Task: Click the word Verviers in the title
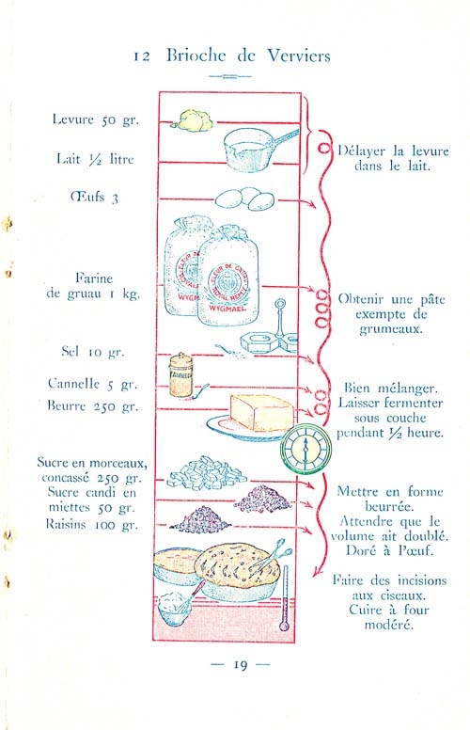[299, 56]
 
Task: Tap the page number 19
[240, 664]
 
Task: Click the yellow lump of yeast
[191, 120]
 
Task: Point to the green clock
[305, 449]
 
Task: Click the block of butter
[261, 412]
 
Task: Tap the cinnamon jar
[180, 375]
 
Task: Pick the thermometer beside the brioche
[285, 598]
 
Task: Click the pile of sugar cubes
[206, 473]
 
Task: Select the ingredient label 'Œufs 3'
[94, 197]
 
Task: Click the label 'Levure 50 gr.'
[95, 119]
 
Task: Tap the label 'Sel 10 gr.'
[93, 352]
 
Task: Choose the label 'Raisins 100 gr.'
[92, 525]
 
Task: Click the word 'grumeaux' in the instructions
[391, 329]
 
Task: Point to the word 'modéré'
[388, 625]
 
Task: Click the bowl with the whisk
[175, 608]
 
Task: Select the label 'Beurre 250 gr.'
[93, 406]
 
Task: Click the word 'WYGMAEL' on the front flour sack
[224, 309]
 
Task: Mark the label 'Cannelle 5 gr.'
[93, 384]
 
